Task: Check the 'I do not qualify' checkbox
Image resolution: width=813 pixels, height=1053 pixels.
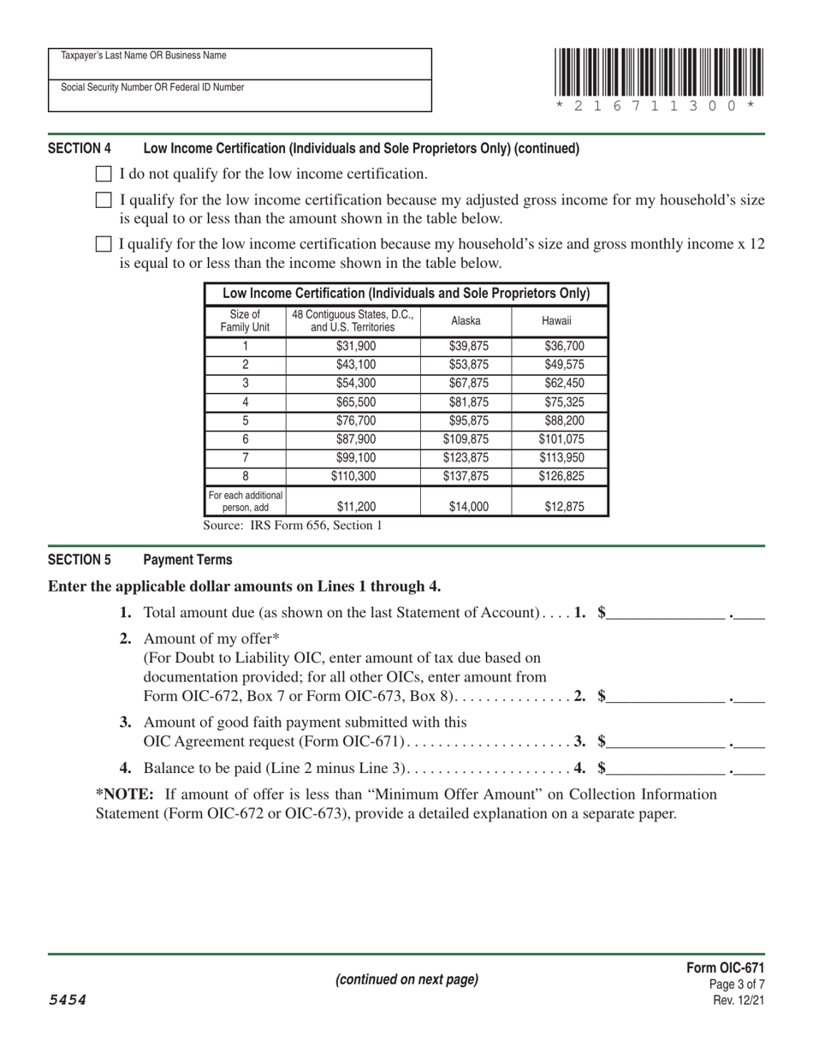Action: point(103,175)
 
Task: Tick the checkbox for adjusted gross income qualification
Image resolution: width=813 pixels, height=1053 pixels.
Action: point(103,201)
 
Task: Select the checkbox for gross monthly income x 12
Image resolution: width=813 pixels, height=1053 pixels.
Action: point(103,244)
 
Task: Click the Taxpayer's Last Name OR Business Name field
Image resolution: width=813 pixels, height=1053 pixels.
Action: point(240,64)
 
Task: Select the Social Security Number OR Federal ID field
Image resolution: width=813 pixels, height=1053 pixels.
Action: point(240,96)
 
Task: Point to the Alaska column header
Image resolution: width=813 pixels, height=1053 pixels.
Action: point(466,321)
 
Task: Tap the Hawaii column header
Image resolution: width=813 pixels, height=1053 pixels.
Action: point(559,321)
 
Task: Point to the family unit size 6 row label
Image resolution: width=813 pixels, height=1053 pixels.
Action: point(246,439)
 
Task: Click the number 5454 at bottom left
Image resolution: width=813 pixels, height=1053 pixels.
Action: point(67,1000)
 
